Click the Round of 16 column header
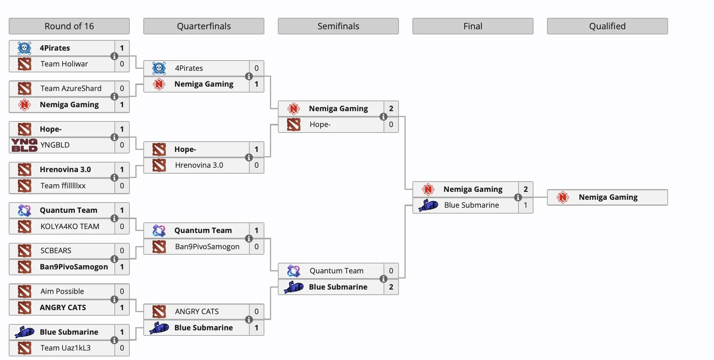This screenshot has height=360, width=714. pos(69,26)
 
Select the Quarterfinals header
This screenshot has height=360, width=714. pos(203,26)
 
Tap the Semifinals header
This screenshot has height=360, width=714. pos(338,26)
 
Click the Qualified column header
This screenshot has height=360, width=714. pos(607,26)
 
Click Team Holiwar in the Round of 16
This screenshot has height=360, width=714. pos(64,64)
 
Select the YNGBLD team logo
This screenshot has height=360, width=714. pos(24,145)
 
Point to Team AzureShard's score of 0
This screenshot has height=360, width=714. pos(122,88)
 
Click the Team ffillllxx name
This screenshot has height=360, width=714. pos(63,186)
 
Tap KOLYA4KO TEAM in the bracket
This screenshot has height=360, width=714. pos(70,226)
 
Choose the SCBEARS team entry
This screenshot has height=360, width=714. pos(56,250)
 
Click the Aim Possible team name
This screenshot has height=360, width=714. pos(62,291)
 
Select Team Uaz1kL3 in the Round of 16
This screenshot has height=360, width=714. pos(65,348)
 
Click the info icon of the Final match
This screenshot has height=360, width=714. pos(518,197)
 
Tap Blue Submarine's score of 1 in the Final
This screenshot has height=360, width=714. pos(526,205)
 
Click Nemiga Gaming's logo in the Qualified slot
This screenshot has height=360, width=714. pos(563,197)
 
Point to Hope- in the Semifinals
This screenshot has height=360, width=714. pos(320,124)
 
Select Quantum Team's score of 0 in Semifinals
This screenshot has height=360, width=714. pos(391,271)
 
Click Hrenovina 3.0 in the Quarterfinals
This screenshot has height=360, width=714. pos(199,165)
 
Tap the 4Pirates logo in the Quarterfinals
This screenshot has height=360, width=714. pos(159,68)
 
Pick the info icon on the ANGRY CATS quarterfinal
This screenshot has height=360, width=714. pos(249,320)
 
